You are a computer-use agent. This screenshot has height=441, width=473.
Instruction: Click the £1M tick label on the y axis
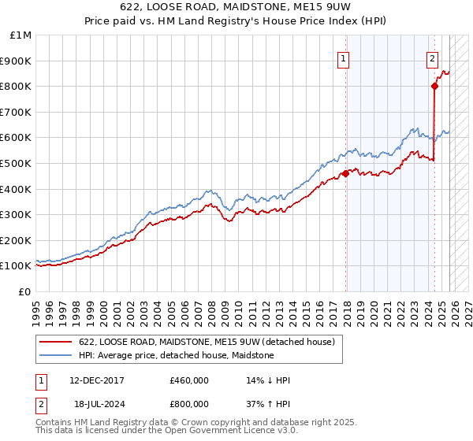click(21, 35)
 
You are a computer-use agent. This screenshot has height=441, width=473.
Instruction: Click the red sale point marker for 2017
click(345, 173)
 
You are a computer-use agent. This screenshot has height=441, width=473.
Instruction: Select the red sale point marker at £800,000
click(434, 87)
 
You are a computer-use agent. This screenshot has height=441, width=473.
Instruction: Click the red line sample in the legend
click(57, 342)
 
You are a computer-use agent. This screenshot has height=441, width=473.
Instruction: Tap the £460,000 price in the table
click(188, 380)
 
